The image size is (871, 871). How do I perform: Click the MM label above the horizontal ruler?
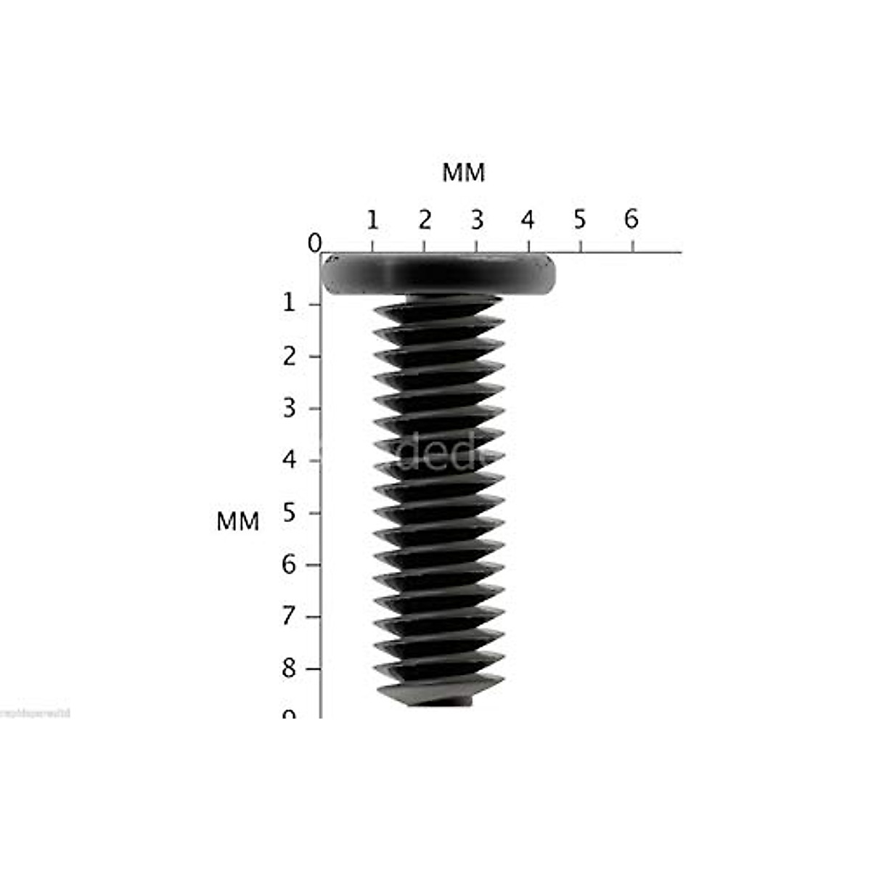(464, 173)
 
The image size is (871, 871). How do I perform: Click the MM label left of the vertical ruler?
(238, 522)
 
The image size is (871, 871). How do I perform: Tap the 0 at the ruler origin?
(314, 244)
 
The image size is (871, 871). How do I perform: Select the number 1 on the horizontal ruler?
(372, 219)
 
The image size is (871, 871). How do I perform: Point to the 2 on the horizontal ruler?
(425, 219)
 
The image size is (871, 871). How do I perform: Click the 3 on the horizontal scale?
(476, 219)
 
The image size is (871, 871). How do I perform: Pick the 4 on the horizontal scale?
(528, 219)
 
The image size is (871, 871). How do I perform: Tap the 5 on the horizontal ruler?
(579, 219)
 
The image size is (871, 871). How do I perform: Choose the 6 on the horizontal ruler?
(631, 219)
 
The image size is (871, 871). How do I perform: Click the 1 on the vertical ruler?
(290, 303)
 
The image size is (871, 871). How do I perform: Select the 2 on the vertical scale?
(290, 356)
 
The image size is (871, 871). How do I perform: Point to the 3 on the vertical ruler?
(290, 409)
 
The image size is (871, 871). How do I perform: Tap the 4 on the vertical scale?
(290, 460)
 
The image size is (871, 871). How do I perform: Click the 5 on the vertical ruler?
(290, 512)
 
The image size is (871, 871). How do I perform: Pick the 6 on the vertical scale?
(290, 565)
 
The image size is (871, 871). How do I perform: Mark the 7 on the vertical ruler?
(290, 617)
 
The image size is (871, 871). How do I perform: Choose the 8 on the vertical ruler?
(290, 668)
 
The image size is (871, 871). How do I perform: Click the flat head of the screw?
(438, 275)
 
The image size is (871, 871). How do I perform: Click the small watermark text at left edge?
(35, 713)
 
